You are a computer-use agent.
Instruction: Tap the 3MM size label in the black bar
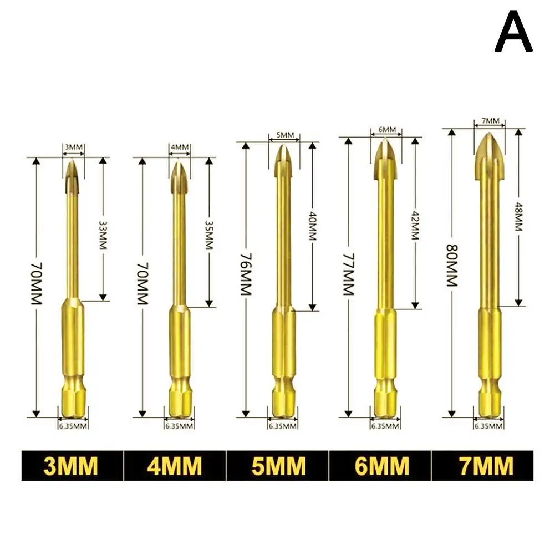tap(70, 466)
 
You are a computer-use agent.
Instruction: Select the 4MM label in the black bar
tap(174, 466)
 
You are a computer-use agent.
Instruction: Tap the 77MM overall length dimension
tap(348, 276)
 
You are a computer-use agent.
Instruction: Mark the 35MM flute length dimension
tap(209, 233)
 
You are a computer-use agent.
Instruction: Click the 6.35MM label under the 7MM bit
tap(488, 426)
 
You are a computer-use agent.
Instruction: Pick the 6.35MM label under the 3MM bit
tap(73, 426)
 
